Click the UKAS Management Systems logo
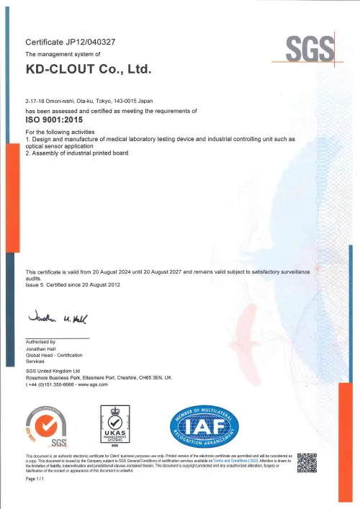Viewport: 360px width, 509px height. coord(116,427)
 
